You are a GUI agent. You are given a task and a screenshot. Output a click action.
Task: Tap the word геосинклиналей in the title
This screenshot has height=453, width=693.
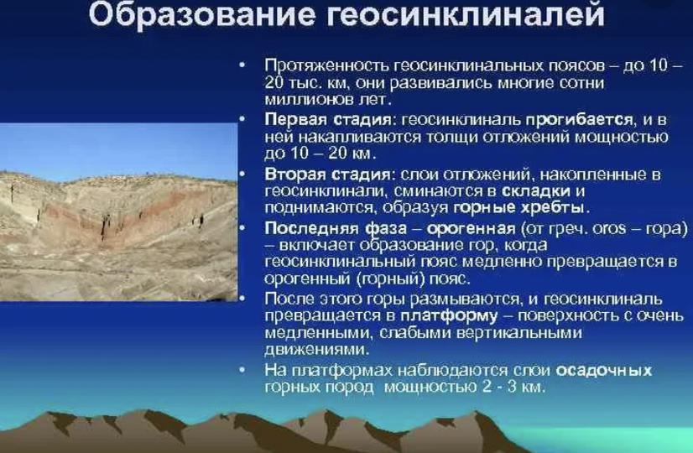coord(466,13)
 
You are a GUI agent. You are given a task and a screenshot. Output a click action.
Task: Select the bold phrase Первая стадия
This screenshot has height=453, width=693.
coord(328,120)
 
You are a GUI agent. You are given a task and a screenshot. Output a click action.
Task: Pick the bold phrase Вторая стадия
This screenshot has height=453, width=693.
coord(327,174)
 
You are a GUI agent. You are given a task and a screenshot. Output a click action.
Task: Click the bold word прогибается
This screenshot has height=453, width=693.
coord(580,120)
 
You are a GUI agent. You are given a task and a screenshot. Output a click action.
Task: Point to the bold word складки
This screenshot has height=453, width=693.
coord(536,191)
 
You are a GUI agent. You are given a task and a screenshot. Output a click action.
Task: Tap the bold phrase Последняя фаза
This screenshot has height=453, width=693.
coord(336,228)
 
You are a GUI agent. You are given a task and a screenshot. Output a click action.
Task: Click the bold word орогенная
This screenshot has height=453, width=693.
coord(472,229)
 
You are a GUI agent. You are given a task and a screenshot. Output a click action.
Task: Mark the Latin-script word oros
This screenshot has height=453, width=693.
coord(609,228)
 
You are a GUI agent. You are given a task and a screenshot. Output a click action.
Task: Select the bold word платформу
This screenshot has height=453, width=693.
coord(449,316)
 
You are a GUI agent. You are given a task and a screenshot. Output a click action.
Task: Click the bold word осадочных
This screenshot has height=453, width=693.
coord(604,370)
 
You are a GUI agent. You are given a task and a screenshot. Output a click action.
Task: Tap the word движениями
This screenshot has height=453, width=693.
coord(315,349)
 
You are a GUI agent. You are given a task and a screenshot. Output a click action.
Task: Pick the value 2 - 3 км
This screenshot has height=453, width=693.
coord(513,388)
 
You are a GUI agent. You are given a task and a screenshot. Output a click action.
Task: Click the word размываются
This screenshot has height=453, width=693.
coord(464,299)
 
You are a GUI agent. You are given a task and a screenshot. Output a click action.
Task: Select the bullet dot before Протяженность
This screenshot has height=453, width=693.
coord(242,65)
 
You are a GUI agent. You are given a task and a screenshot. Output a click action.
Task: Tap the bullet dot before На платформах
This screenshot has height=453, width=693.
coord(242,370)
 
